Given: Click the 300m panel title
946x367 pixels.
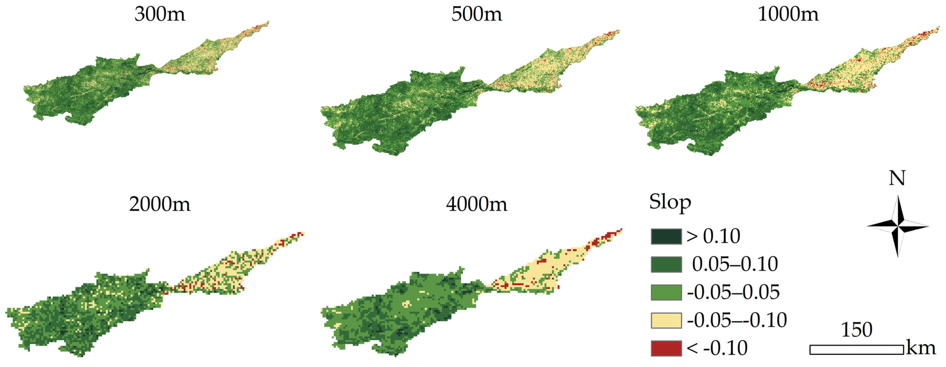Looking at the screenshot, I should click(160, 15).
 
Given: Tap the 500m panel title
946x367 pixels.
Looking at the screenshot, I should click(476, 15).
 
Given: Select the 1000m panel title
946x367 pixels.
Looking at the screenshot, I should click(788, 15).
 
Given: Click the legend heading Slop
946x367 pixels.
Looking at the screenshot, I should click(670, 202).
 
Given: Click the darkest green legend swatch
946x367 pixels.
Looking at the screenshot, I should click(666, 236).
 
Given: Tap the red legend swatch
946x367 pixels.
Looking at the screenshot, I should click(666, 348).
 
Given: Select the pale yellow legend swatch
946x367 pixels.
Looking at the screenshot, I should click(666, 320).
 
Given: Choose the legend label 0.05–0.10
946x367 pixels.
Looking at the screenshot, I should click(734, 264).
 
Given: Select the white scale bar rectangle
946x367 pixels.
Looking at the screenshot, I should click(856, 350).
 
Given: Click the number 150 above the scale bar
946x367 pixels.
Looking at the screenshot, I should click(856, 330).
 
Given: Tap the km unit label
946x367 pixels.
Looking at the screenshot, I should click(921, 348).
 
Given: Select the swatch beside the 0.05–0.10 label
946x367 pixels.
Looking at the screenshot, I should click(666, 264).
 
